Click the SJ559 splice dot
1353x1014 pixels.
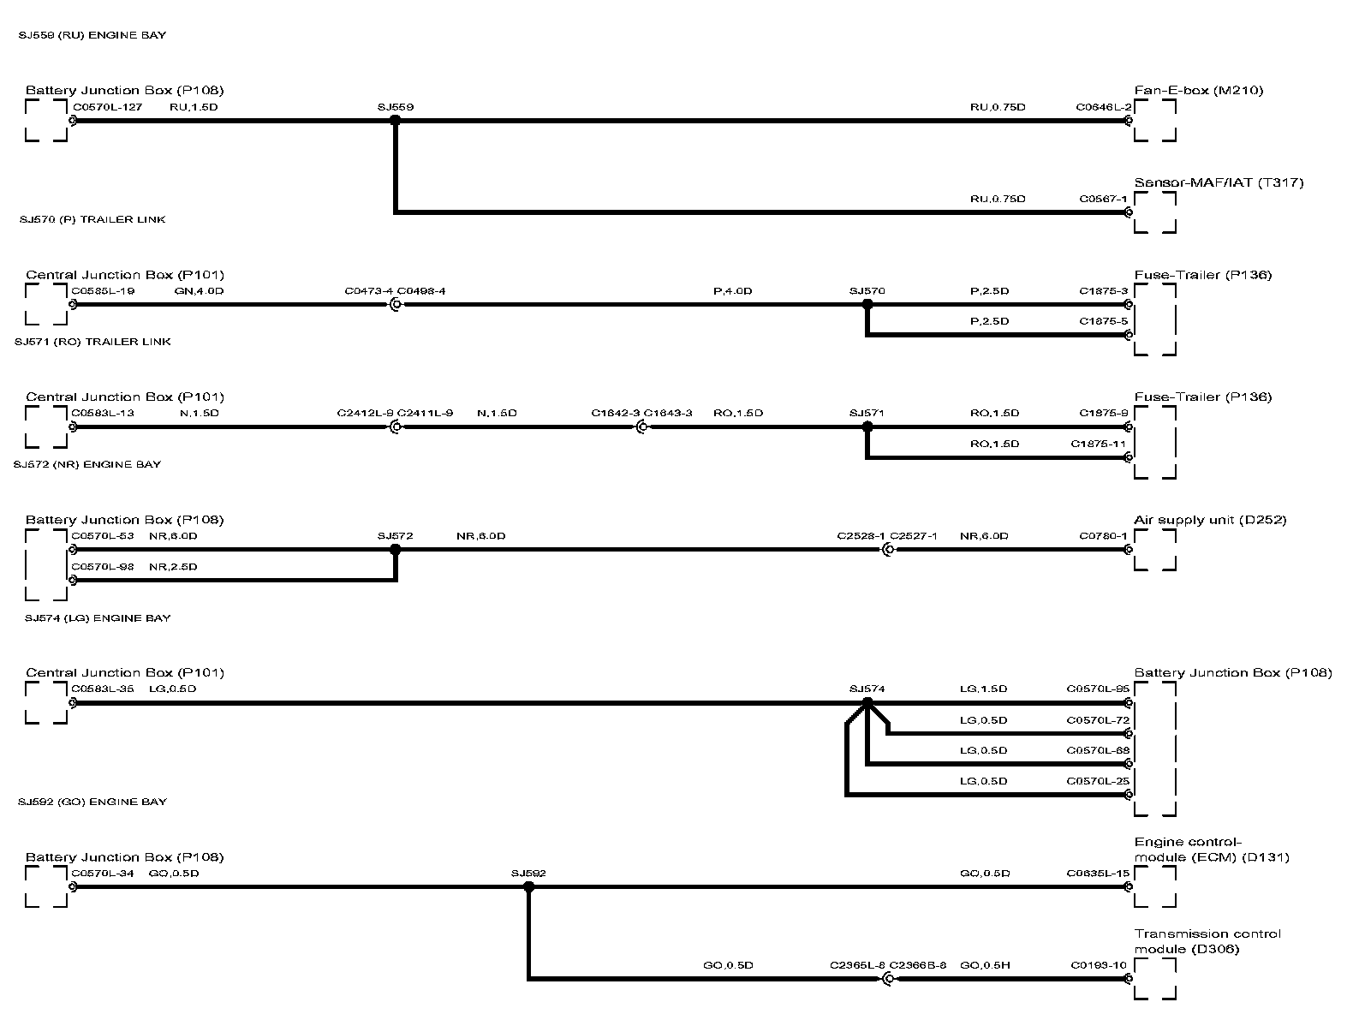click(395, 121)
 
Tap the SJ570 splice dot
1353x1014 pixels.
click(867, 304)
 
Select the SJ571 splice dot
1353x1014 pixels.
click(867, 426)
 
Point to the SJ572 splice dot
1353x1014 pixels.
click(395, 550)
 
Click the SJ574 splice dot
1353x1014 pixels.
click(867, 702)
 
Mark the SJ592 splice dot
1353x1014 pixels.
click(528, 887)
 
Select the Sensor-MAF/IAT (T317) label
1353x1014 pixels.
click(1219, 182)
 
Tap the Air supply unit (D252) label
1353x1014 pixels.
click(1210, 520)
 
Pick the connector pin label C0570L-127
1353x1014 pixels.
click(107, 107)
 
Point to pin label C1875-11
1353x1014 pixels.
click(1099, 444)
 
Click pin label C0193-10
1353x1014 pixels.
click(1099, 965)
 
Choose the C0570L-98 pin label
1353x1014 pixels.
click(103, 567)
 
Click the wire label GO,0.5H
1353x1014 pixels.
click(985, 965)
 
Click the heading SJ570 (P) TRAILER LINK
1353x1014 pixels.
click(92, 219)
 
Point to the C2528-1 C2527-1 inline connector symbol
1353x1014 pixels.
click(887, 550)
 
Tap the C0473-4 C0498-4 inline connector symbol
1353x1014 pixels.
click(395, 304)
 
